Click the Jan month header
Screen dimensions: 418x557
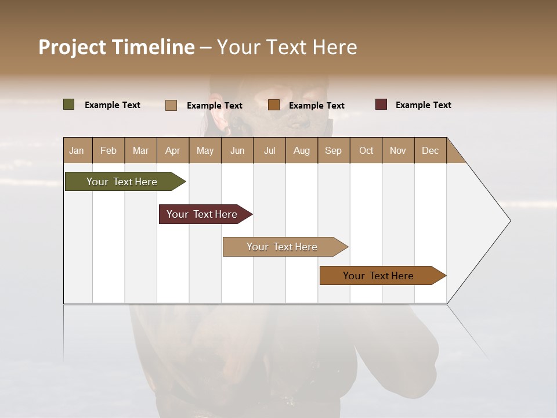(x=77, y=150)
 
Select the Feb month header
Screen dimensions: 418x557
(x=108, y=150)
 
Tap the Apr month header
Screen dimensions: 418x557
(x=172, y=150)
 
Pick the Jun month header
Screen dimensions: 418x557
(x=237, y=150)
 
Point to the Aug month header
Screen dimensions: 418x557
(x=301, y=150)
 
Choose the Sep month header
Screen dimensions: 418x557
(x=333, y=150)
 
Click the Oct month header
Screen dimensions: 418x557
(x=366, y=150)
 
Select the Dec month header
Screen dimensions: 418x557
(x=430, y=150)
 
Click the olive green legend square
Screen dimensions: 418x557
(x=69, y=105)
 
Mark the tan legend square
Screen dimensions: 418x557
(x=171, y=105)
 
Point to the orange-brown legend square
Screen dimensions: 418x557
(x=274, y=105)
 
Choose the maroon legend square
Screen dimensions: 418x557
(x=381, y=105)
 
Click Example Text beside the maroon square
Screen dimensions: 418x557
(x=423, y=105)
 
